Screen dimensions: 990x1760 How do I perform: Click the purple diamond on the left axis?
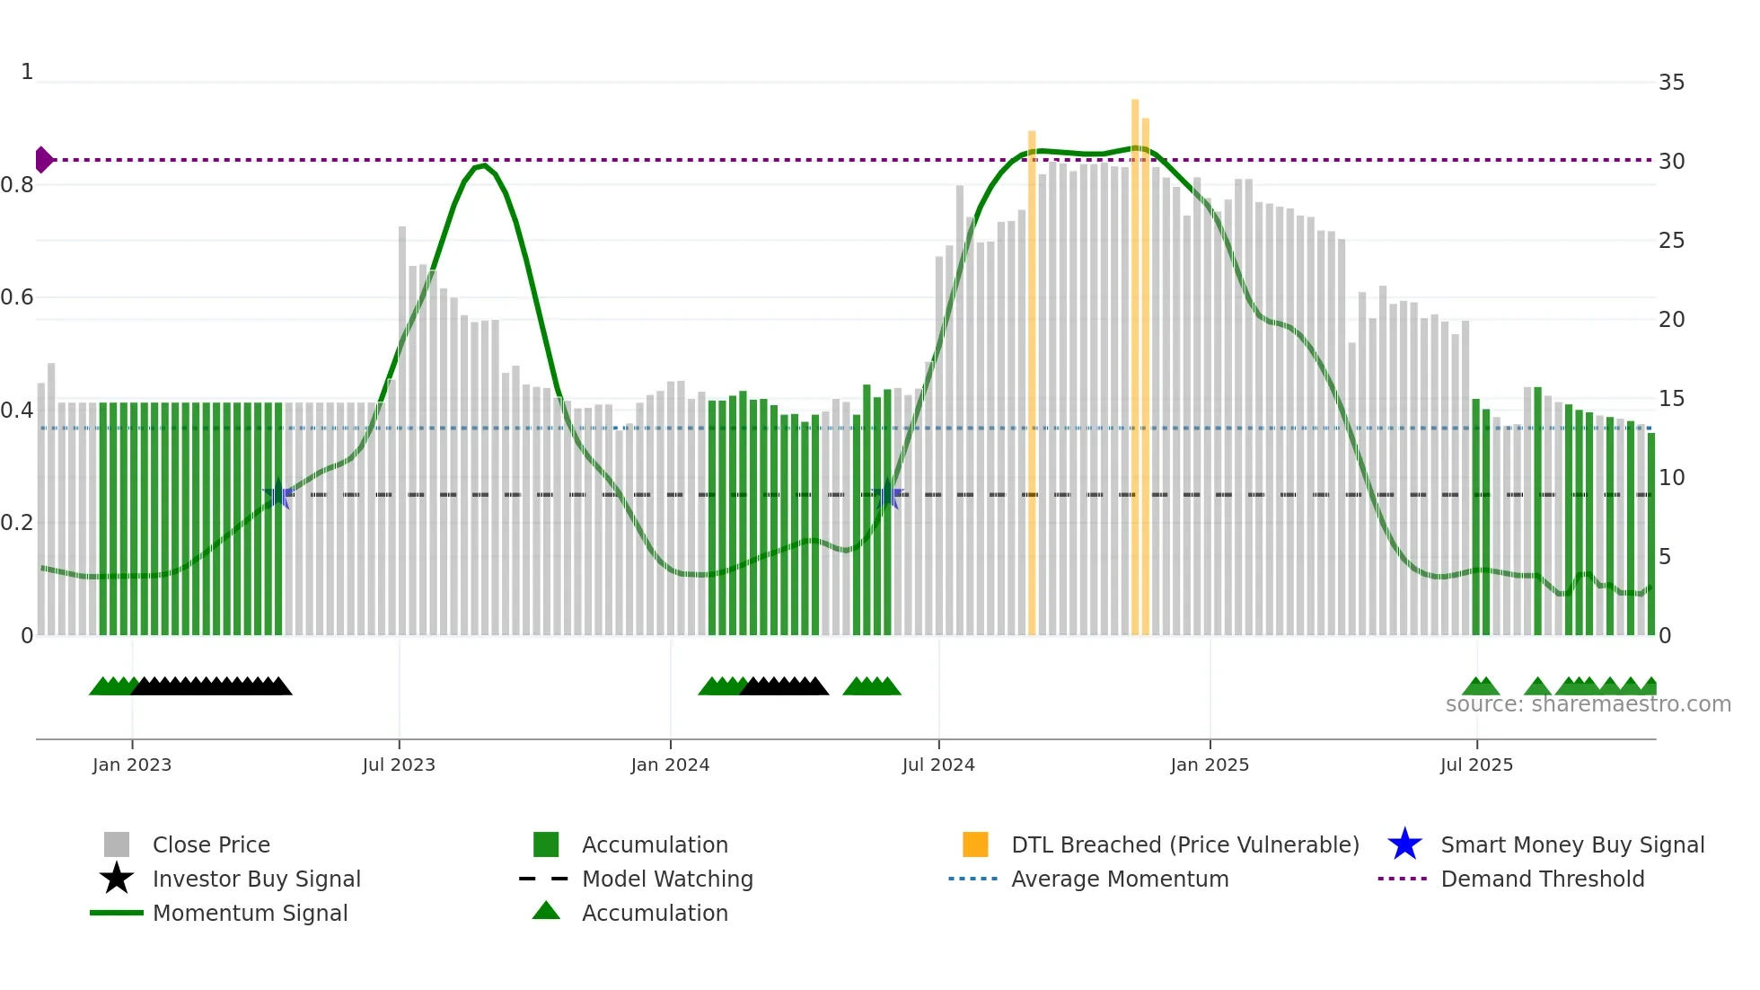tap(43, 160)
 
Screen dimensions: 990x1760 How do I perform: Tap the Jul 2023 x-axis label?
tap(399, 765)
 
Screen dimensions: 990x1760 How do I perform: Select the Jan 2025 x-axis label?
tap(1210, 765)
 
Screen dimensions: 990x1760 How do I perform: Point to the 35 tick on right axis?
tap(1671, 83)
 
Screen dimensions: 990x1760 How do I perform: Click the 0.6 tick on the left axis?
tap(17, 297)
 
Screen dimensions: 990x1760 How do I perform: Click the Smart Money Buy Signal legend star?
tap(1404, 844)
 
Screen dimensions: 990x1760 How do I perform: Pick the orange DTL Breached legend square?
tap(975, 844)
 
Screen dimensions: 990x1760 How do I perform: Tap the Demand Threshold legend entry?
tap(1542, 879)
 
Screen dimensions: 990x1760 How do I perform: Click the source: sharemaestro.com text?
tap(1588, 704)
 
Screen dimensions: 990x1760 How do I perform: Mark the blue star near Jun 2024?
tap(887, 494)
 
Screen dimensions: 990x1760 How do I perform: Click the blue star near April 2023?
tap(277, 494)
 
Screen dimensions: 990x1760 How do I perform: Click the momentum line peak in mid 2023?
tap(484, 165)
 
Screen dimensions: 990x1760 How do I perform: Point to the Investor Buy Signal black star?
tap(117, 879)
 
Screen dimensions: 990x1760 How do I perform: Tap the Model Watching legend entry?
tap(667, 879)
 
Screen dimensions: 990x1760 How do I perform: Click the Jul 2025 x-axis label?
tap(1476, 765)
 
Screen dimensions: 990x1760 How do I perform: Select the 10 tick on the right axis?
tap(1671, 478)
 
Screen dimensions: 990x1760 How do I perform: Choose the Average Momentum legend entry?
tap(1119, 879)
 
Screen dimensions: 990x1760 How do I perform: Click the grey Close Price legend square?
tap(117, 844)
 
